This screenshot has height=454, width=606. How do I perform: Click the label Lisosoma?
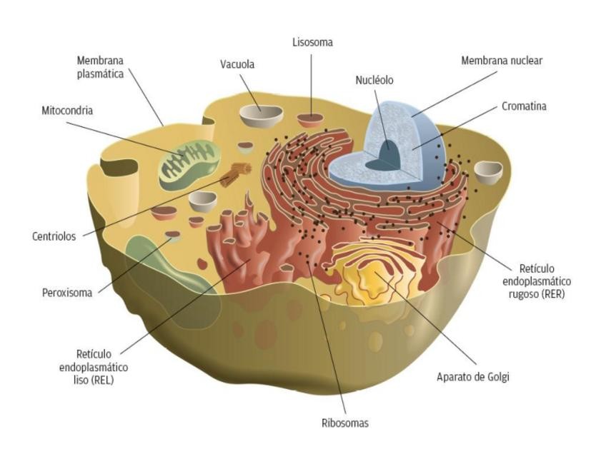tap(312, 43)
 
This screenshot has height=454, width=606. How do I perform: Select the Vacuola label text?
tap(237, 65)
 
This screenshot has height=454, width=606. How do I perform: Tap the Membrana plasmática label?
tap(100, 67)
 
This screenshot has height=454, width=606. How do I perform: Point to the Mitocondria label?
tap(67, 111)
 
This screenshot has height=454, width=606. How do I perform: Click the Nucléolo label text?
tap(374, 80)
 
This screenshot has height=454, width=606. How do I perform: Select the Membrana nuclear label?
tap(502, 61)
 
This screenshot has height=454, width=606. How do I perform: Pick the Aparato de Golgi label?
tap(472, 376)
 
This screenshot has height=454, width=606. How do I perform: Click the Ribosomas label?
tap(344, 423)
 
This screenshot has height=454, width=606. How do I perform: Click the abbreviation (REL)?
tap(99, 380)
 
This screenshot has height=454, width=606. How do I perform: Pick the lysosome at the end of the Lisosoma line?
tap(310, 119)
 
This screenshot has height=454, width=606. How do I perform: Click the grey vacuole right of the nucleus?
tap(488, 171)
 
